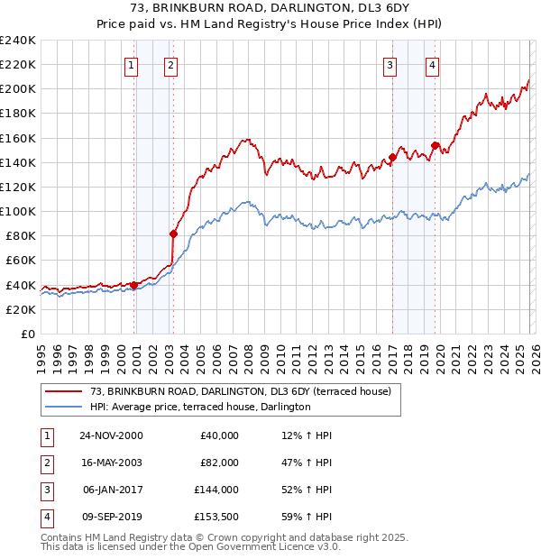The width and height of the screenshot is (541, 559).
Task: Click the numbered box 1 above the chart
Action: click(132, 64)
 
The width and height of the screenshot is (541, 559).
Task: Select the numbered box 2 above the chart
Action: click(170, 64)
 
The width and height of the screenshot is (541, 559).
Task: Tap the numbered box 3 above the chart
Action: click(390, 64)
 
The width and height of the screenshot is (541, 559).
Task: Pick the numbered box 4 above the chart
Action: click(433, 64)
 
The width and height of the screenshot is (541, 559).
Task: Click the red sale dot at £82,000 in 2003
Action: click(173, 234)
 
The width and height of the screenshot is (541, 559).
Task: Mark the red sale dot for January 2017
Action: click(392, 158)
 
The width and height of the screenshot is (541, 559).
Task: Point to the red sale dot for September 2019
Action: click(435, 146)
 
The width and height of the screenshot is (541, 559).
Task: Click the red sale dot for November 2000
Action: click(134, 285)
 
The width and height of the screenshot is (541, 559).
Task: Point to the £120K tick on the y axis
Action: click(18, 187)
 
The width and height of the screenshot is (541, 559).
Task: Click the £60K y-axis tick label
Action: click(21, 261)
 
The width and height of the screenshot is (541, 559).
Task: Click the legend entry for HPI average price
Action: click(200, 408)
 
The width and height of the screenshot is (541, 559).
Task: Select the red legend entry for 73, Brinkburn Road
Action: click(240, 392)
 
